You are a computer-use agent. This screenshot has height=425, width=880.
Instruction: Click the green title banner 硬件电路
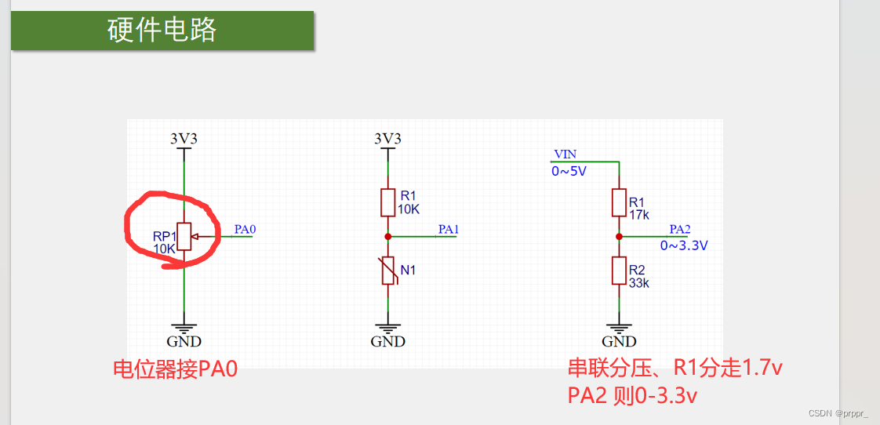tap(162, 30)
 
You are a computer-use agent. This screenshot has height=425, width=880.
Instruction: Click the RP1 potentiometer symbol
tap(184, 236)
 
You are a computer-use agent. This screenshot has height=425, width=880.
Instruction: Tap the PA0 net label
tap(245, 230)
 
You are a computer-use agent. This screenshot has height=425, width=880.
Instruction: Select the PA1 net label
tap(448, 230)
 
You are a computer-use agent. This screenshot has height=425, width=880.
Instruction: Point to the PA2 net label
tap(679, 230)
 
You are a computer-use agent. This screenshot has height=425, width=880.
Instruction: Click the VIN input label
tap(565, 154)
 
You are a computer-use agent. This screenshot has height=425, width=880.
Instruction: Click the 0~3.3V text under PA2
tap(684, 245)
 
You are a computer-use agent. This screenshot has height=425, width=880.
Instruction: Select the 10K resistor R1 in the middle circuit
tap(387, 202)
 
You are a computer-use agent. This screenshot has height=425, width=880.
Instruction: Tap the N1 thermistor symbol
tap(387, 271)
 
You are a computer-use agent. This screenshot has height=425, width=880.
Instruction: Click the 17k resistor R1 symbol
tap(619, 202)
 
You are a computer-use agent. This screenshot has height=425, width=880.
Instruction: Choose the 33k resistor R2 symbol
tap(619, 271)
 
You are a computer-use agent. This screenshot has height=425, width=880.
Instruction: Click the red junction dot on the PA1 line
tap(387, 236)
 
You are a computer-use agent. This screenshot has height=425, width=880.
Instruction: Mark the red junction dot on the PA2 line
tap(619, 236)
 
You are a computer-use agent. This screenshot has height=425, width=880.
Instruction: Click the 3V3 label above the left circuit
tap(184, 139)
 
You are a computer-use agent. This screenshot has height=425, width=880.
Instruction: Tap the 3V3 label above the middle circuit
tap(387, 139)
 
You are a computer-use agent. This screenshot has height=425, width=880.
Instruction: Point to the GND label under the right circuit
tap(619, 342)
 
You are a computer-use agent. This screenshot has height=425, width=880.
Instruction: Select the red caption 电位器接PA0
tap(175, 369)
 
